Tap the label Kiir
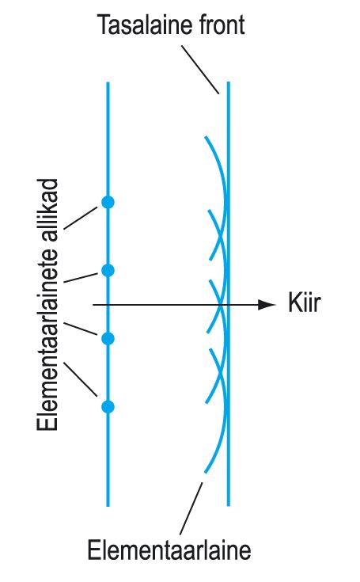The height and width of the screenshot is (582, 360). click(x=304, y=302)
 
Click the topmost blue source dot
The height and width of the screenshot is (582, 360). click(x=108, y=202)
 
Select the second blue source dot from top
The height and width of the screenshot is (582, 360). click(x=108, y=270)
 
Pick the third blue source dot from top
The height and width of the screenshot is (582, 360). click(x=108, y=339)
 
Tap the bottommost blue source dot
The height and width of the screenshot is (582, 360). click(x=108, y=407)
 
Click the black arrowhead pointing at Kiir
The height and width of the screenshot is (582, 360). click(x=267, y=305)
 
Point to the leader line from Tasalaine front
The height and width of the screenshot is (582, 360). click(x=200, y=70)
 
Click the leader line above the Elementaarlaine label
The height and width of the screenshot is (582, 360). click(x=191, y=508)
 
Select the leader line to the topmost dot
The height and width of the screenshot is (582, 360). click(x=81, y=219)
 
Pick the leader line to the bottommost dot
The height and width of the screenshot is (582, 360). click(x=81, y=379)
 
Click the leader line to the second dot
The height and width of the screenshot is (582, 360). click(x=81, y=278)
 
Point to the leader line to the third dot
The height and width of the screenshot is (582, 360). click(x=81, y=329)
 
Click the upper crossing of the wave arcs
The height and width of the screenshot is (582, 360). click(x=221, y=235)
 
